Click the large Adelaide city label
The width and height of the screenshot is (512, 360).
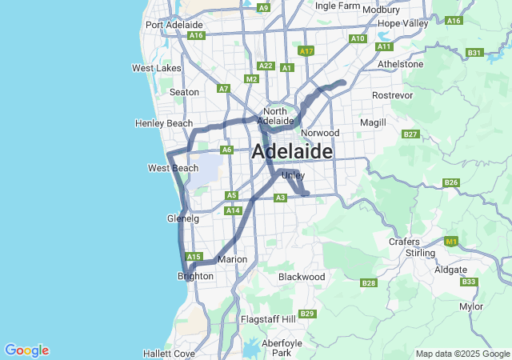tap(292, 151)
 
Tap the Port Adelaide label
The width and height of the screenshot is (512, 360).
tap(170, 25)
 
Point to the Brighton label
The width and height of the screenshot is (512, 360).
tap(195, 276)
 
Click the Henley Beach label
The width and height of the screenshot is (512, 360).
tap(164, 123)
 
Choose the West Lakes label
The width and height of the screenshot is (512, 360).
tap(157, 68)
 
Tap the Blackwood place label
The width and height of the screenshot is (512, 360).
tap(302, 276)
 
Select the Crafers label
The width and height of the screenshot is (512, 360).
tap(404, 241)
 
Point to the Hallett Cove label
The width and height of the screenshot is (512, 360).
tap(169, 353)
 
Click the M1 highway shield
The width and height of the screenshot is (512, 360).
tap(450, 241)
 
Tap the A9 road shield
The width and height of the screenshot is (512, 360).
tap(263, 7)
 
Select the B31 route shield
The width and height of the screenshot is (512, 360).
tap(474, 53)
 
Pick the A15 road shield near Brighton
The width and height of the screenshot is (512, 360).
tap(193, 257)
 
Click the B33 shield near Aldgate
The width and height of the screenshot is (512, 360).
tap(469, 282)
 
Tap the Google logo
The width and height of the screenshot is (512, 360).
tap(26, 350)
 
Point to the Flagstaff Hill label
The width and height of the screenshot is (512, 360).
tap(268, 319)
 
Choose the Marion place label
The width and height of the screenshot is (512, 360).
tap(232, 259)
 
